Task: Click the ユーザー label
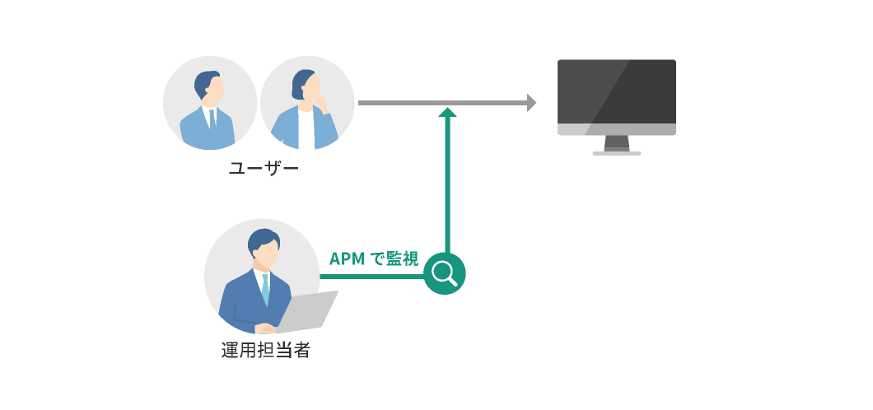262,170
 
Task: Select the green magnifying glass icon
445,273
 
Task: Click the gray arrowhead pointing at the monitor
531,103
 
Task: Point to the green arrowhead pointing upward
447,113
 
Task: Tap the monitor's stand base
616,152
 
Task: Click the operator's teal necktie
265,287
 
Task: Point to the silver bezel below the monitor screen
616,129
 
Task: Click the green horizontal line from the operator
371,277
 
